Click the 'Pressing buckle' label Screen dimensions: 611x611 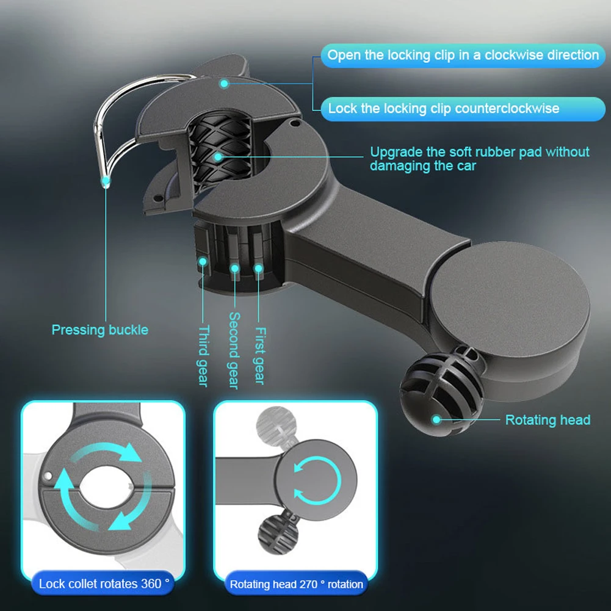pyautogui.click(x=99, y=330)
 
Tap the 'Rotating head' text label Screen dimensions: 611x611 pyautogui.click(x=548, y=420)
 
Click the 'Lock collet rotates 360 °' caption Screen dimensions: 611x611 pyautogui.click(x=104, y=584)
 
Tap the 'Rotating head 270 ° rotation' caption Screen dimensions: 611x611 pyautogui.click(x=296, y=584)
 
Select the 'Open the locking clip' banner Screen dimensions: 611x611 pyautogui.click(x=463, y=55)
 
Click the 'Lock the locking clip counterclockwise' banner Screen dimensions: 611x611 pyautogui.click(x=443, y=109)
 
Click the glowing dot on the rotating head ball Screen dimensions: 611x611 pyautogui.click(x=436, y=419)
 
